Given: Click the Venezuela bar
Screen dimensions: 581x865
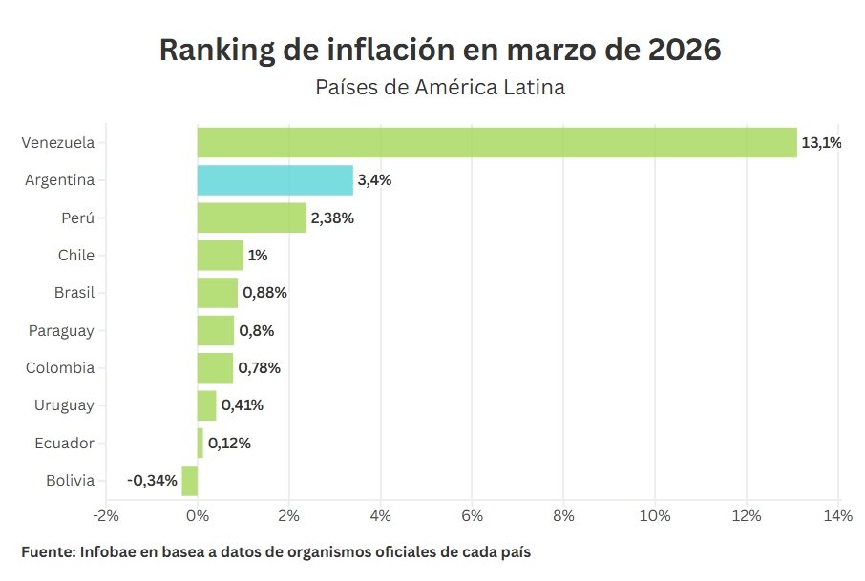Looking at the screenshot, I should (x=496, y=142).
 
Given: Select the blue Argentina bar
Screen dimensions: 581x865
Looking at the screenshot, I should (x=275, y=180).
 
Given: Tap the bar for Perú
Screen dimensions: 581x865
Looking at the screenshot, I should (x=252, y=218).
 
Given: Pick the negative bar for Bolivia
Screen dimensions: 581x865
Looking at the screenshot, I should (x=190, y=480).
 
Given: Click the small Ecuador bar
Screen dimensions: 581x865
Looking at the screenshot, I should (x=200, y=443).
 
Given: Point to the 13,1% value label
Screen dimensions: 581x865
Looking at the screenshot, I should (x=821, y=143).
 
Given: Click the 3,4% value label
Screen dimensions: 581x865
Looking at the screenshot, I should (x=373, y=180).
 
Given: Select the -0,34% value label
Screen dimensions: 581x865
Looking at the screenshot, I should (x=153, y=480).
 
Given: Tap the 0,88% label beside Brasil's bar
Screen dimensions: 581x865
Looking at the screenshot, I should (x=264, y=293).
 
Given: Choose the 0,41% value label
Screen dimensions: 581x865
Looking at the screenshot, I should (x=242, y=405).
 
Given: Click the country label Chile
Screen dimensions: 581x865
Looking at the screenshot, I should (x=76, y=256).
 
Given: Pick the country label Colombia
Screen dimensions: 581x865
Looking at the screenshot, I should (x=60, y=368).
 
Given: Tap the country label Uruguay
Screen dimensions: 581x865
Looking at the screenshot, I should (x=64, y=405).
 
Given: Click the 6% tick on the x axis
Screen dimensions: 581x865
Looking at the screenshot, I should (x=472, y=516).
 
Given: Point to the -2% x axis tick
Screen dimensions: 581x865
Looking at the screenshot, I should (x=106, y=516).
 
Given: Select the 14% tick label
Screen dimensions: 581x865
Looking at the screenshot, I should (x=837, y=516).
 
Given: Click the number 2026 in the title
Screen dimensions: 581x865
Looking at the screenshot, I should (x=685, y=51).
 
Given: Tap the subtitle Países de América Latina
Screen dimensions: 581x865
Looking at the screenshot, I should (x=440, y=88).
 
